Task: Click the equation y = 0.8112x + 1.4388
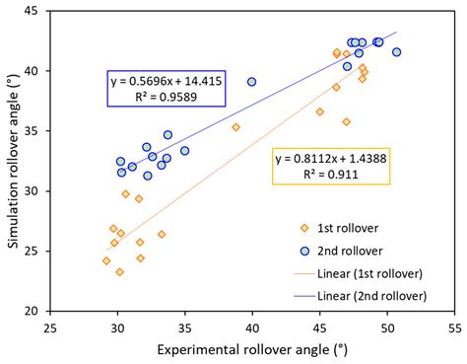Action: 332,159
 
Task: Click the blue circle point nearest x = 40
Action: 252,82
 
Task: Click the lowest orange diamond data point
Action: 120,272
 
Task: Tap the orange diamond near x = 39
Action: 235,126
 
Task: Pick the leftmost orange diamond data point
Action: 106,260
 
